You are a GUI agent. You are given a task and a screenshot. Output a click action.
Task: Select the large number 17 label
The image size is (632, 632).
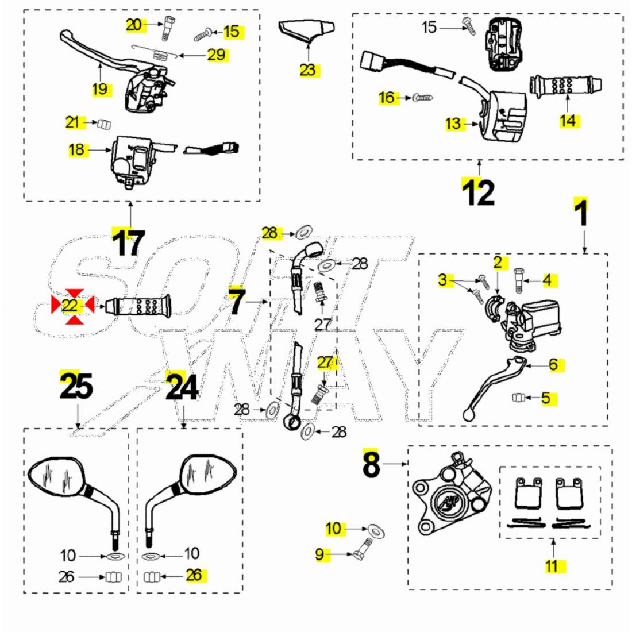129,242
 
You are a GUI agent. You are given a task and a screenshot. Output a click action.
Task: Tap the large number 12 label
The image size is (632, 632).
479,192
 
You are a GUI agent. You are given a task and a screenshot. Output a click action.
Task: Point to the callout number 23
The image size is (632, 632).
308,70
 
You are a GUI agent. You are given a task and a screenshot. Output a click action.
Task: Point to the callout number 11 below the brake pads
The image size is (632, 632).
552,566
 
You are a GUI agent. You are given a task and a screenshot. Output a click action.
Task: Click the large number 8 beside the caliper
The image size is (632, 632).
372,464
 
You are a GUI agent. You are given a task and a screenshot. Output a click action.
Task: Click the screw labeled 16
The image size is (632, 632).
423,98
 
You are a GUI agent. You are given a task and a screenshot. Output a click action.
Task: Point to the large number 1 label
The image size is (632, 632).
581,213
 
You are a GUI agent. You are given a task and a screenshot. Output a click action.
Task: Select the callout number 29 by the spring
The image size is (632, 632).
216,55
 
